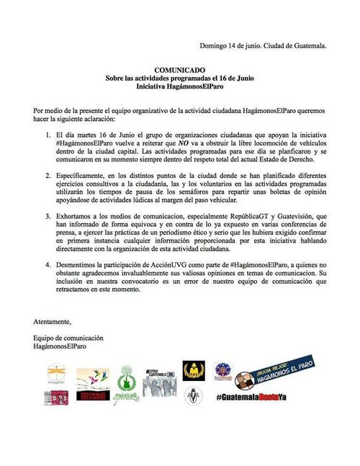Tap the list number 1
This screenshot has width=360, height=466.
(x=48, y=135)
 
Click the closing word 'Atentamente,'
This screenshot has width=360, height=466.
(x=57, y=321)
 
